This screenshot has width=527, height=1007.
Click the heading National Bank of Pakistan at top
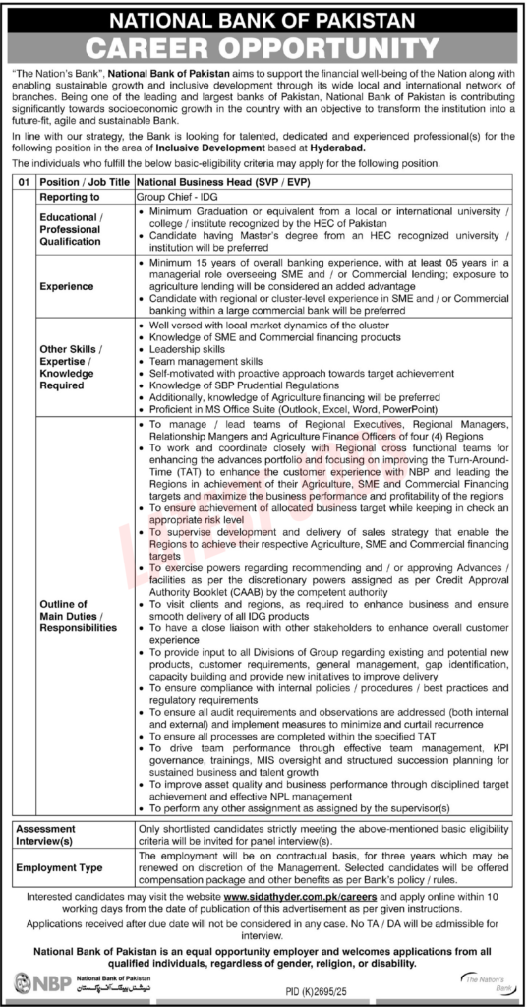coord(263,19)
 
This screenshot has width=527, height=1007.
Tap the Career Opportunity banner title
coord(263,48)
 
